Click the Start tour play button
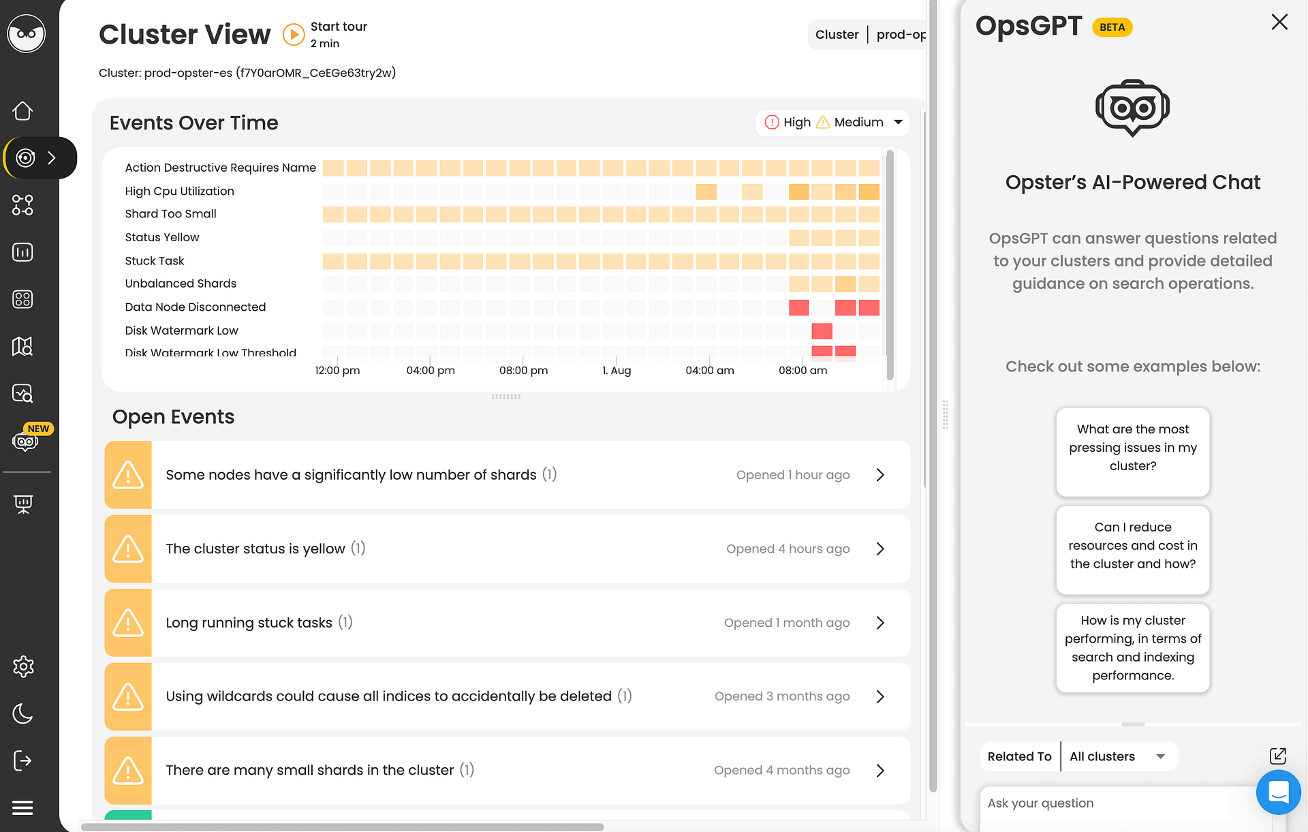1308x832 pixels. pos(294,34)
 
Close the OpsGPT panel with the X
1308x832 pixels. pos(1279,22)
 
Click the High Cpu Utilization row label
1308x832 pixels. pos(179,191)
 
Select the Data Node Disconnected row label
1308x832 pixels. pos(195,307)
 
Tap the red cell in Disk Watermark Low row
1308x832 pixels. pos(822,331)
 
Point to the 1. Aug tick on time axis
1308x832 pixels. pos(617,370)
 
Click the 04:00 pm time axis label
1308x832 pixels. pos(431,370)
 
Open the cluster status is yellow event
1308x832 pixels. pos(255,549)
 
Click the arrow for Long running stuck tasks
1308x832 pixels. pos(880,623)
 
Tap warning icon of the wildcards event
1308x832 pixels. pos(128,696)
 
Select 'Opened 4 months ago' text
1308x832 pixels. pos(781,770)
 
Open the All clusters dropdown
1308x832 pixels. pos(1117,756)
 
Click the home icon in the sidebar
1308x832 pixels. pos(23,111)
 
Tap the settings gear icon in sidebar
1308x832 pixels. pos(23,666)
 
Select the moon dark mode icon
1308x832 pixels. pos(23,713)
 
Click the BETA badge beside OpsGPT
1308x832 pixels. pos(1112,27)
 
